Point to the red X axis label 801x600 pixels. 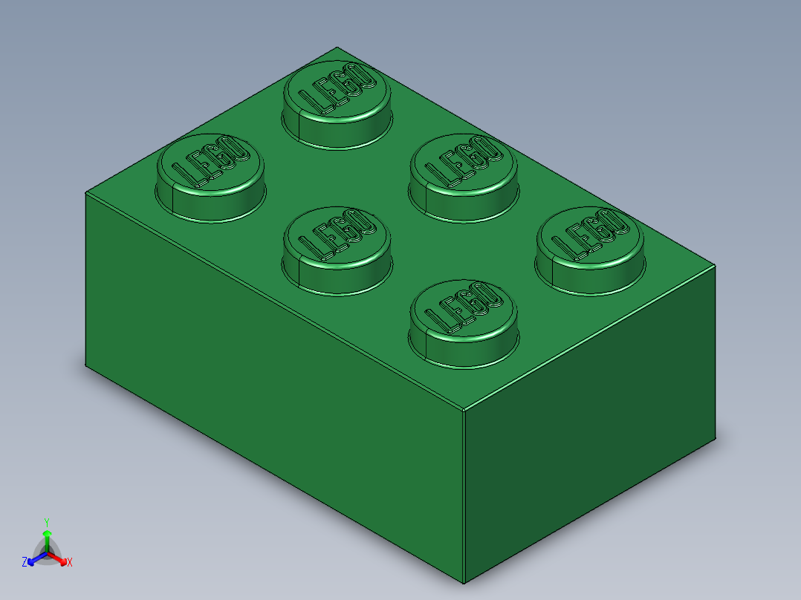(x=70, y=562)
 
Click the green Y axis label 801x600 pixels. (x=47, y=521)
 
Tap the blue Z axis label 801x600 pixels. (x=25, y=562)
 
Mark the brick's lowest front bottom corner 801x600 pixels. (x=464, y=584)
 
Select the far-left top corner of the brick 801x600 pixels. (x=85, y=192)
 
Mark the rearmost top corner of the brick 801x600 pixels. (x=336, y=47)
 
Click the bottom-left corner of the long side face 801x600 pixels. (x=85, y=365)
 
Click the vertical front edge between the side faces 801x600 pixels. (x=464, y=498)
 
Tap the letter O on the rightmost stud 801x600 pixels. (x=616, y=224)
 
